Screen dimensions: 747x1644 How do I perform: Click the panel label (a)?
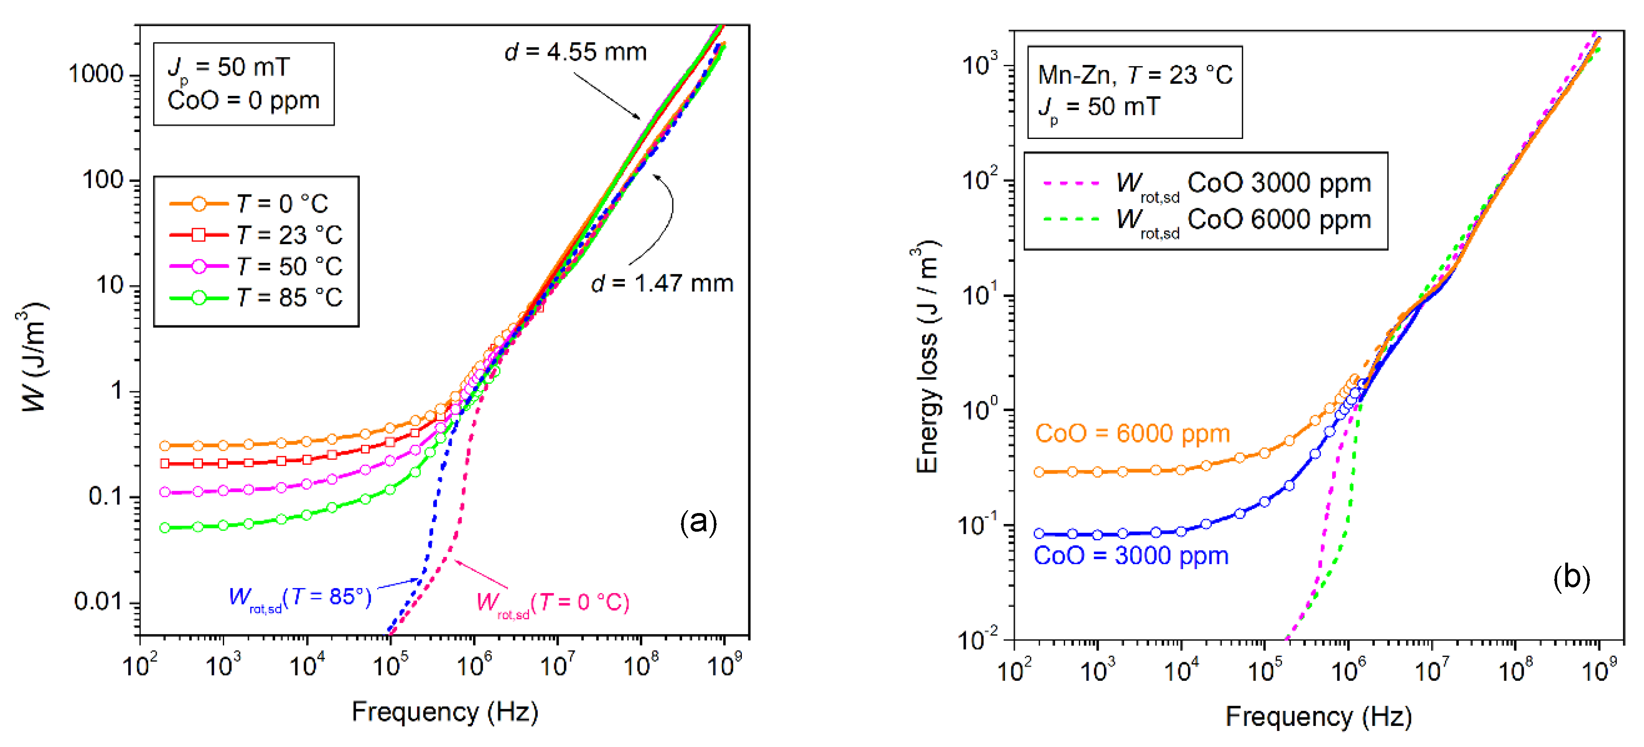click(698, 522)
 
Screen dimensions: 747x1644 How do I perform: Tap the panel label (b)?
click(1571, 578)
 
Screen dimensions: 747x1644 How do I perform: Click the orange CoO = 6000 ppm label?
click(1132, 433)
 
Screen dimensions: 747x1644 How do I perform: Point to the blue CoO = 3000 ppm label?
click(1131, 555)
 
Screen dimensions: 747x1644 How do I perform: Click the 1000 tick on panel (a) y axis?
click(96, 75)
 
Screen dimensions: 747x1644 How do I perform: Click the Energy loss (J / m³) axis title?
click(927, 357)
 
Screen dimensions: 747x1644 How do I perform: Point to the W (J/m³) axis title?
click(33, 357)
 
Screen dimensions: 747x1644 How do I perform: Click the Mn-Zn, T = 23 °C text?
click(1135, 75)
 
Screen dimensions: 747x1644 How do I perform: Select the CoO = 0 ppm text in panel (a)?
click(243, 101)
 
